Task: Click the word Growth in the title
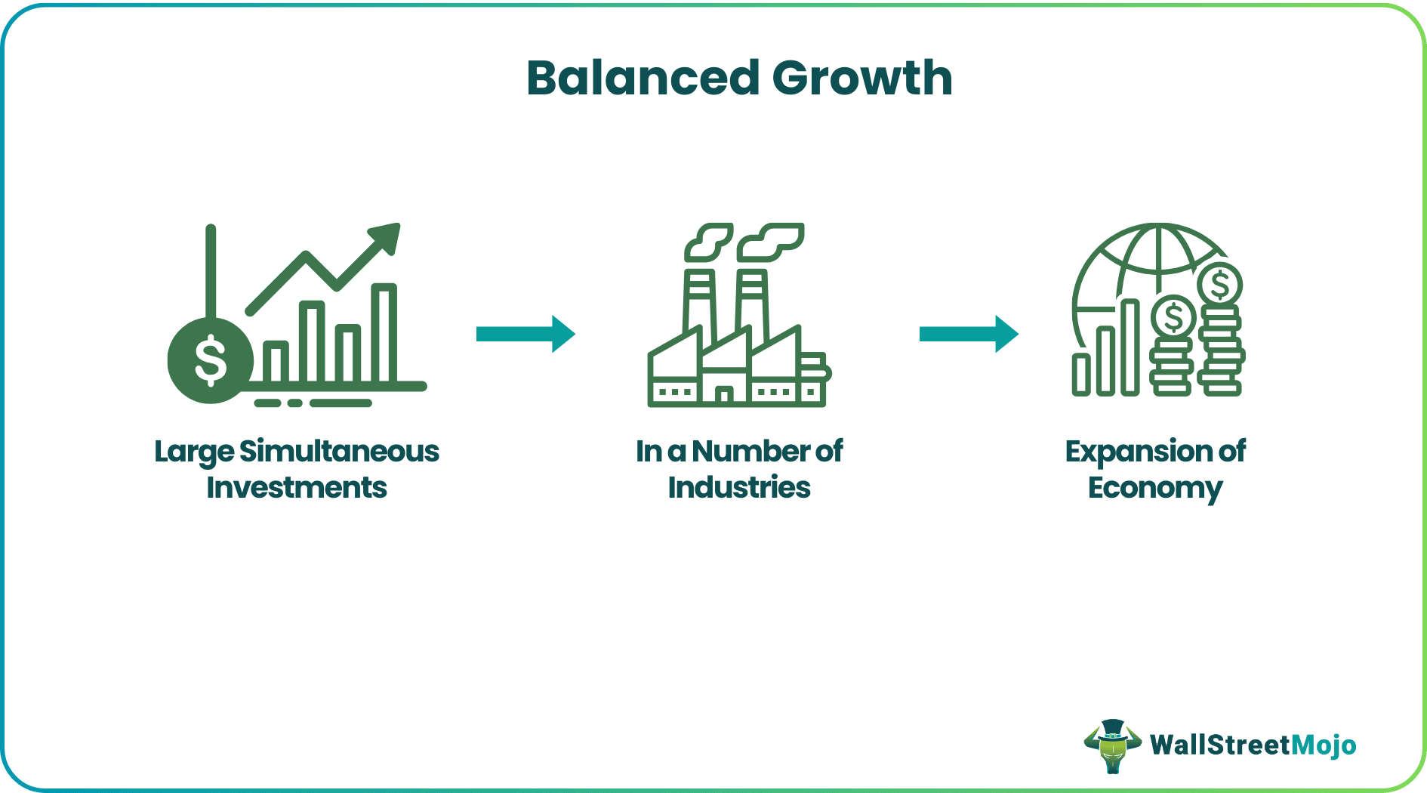pos(862,79)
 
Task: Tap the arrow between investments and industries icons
pos(525,334)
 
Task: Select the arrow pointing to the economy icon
pos(969,334)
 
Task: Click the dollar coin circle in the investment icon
pos(210,360)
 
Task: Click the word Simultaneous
pos(339,452)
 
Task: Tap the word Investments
pos(297,488)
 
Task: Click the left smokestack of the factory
pos(699,302)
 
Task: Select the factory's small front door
pos(724,394)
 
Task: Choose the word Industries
pos(739,488)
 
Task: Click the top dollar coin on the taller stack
pos(1219,285)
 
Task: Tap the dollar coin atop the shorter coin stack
pos(1173,317)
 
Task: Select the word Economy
pos(1155,489)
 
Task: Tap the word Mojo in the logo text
pos(1324,745)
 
